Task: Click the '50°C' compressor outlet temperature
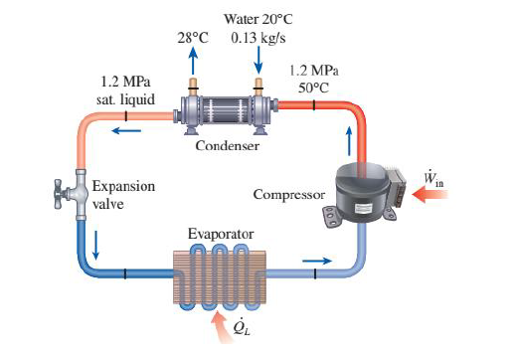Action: click(312, 88)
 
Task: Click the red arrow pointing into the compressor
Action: click(431, 196)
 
